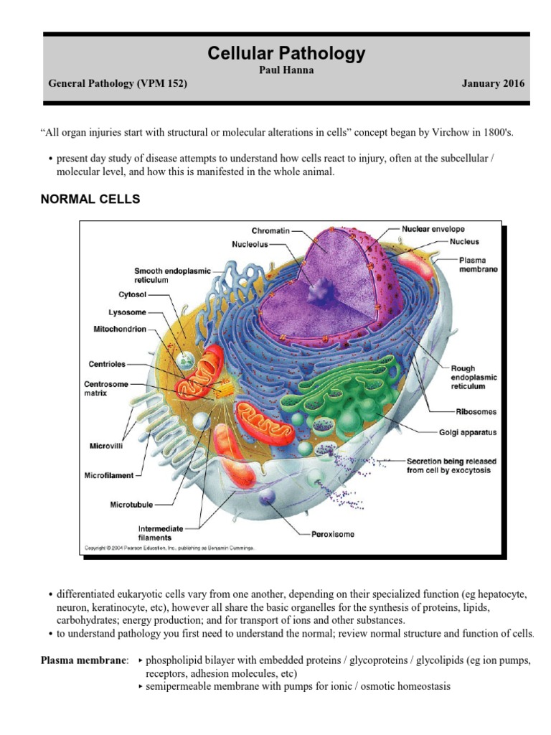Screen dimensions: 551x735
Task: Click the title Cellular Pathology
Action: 286,53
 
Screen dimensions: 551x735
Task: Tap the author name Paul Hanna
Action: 286,70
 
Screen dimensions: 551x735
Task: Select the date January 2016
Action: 494,83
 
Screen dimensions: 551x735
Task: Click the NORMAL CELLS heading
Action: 90,200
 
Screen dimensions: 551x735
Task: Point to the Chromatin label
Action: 271,231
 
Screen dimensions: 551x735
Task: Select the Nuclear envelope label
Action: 433,229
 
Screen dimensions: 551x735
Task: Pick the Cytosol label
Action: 132,294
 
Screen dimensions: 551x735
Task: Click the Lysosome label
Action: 128,312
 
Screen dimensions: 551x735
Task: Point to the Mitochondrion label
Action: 118,329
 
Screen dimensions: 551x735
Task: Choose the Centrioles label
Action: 108,363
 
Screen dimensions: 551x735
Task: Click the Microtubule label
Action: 132,505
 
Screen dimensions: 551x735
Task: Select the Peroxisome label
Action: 333,534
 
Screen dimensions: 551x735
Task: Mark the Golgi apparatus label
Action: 468,433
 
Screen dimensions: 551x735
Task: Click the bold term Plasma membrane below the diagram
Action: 85,660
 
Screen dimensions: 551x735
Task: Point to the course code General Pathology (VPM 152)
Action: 118,83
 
